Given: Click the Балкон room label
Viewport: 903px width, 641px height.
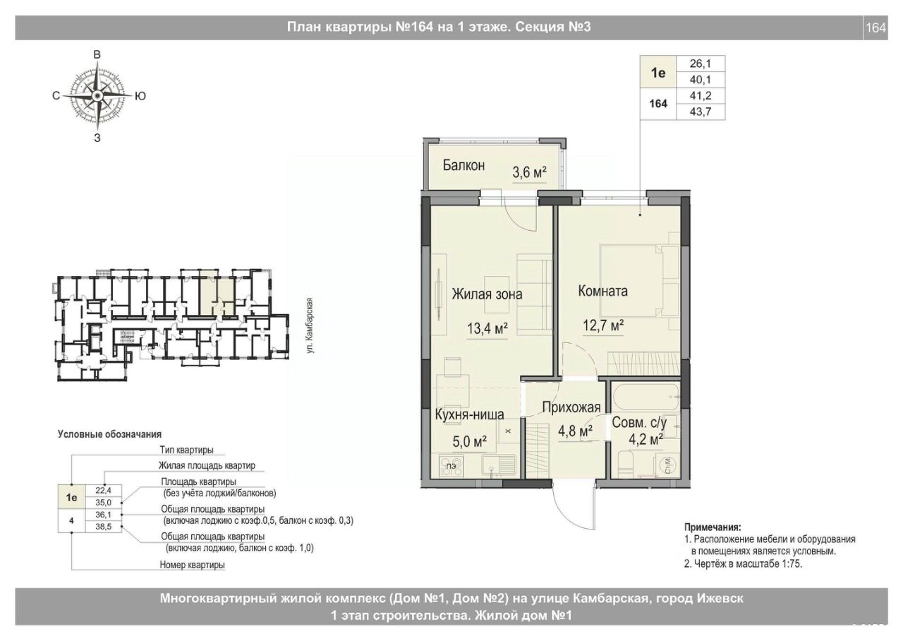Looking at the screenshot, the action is click(x=463, y=165).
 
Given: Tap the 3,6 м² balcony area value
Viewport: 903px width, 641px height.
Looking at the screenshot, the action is click(x=529, y=173).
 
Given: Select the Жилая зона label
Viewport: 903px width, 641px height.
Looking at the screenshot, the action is click(x=487, y=294).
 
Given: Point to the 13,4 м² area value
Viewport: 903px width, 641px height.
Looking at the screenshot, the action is click(x=487, y=328).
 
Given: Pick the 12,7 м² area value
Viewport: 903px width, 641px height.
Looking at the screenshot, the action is click(x=603, y=325).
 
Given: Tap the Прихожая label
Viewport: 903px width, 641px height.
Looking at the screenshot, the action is click(x=571, y=407).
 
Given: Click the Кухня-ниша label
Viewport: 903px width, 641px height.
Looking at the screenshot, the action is click(x=470, y=414).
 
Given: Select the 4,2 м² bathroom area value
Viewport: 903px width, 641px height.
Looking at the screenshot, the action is click(x=646, y=439).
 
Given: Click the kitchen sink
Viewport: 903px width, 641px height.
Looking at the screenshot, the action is click(x=499, y=466).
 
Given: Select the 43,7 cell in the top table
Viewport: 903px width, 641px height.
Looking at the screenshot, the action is click(x=701, y=112).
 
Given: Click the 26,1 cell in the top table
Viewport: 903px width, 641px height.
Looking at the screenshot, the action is click(x=701, y=64).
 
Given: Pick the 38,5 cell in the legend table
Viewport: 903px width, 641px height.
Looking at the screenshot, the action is click(x=104, y=527).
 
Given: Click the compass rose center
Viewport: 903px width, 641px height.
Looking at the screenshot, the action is click(x=97, y=95).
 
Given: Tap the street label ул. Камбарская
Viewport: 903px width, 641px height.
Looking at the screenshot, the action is click(x=310, y=325).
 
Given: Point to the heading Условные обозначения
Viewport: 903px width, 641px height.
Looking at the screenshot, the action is click(x=109, y=434).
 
